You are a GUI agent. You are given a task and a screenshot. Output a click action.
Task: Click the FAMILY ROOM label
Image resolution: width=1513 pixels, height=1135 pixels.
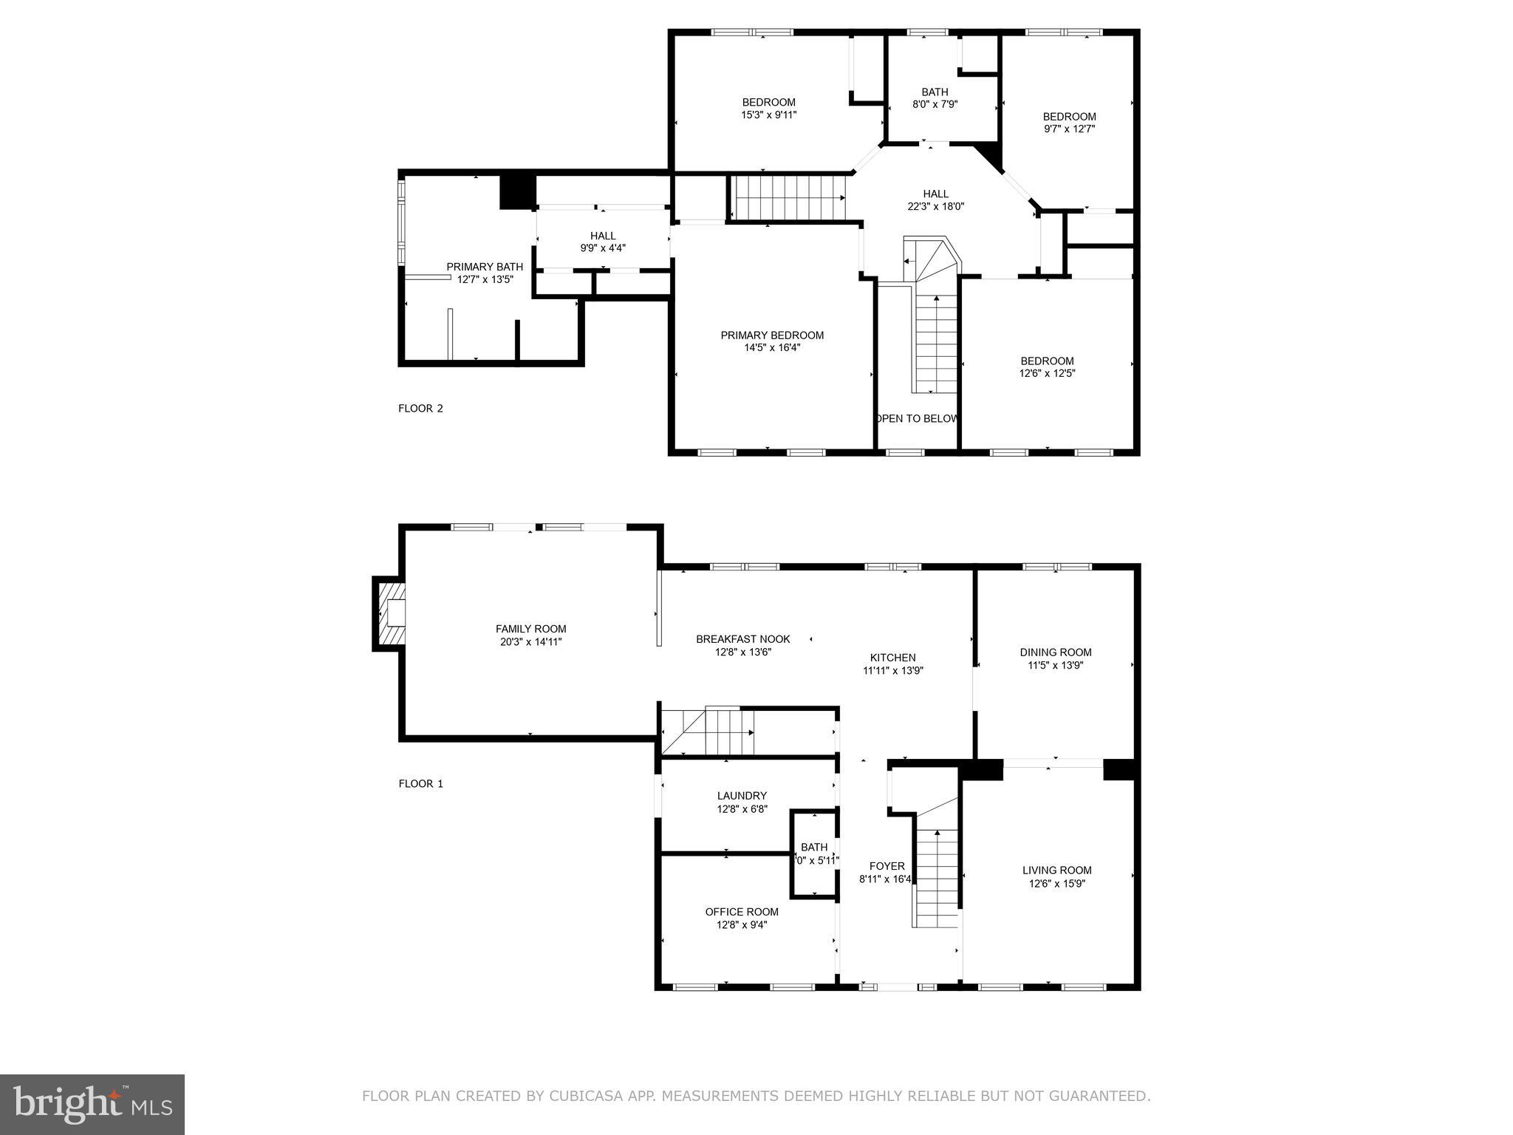(x=530, y=629)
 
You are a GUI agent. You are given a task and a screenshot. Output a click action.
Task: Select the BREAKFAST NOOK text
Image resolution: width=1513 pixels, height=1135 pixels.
(x=742, y=639)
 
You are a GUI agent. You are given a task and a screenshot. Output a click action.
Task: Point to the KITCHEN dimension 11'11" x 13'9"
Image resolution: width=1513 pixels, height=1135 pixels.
(x=892, y=671)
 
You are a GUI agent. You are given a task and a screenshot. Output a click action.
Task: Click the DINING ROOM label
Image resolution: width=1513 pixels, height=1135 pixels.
(x=1055, y=652)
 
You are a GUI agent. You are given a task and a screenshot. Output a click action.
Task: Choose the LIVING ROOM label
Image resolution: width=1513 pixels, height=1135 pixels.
(x=1056, y=870)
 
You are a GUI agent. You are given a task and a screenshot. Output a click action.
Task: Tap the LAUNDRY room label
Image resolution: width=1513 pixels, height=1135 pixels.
(x=742, y=796)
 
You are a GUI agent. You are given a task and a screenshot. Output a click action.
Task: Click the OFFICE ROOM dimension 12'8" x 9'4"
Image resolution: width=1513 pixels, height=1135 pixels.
(x=742, y=924)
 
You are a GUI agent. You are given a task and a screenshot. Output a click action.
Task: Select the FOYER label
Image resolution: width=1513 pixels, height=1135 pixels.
(x=887, y=866)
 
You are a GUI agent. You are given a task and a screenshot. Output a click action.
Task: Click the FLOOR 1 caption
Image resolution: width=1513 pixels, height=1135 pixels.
(x=420, y=783)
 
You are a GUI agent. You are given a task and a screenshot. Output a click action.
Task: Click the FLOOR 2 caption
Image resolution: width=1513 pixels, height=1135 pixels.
(x=420, y=408)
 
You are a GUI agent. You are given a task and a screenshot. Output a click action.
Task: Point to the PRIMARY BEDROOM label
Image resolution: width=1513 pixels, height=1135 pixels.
(x=772, y=335)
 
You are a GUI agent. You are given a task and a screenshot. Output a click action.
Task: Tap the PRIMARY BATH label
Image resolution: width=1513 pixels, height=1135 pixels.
(x=485, y=267)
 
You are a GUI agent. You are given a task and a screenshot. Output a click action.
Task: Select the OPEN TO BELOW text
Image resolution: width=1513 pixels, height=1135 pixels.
(x=917, y=418)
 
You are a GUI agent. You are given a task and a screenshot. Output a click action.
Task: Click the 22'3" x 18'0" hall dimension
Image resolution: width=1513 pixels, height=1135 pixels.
(x=935, y=207)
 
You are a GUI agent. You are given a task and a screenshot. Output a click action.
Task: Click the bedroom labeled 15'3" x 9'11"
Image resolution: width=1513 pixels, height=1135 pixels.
(x=768, y=109)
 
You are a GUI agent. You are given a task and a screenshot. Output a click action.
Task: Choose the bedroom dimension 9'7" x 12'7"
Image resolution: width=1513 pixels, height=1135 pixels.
(x=1069, y=129)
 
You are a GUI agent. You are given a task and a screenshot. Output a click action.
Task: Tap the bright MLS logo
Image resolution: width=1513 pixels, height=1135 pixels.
(x=92, y=1103)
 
